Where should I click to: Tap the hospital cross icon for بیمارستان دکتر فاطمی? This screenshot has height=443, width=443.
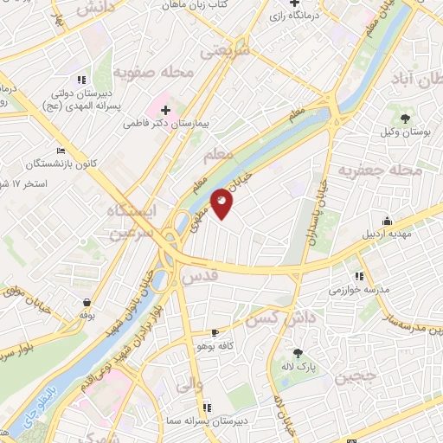coord(164,111)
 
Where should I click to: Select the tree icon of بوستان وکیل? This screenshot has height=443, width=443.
coord(405,119)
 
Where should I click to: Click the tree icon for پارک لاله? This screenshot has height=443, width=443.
coord(299,352)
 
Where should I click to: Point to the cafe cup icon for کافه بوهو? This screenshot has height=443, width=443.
coord(215,332)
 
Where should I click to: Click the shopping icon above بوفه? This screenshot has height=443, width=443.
coord(87,302)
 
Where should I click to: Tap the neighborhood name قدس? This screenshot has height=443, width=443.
coord(199,277)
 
